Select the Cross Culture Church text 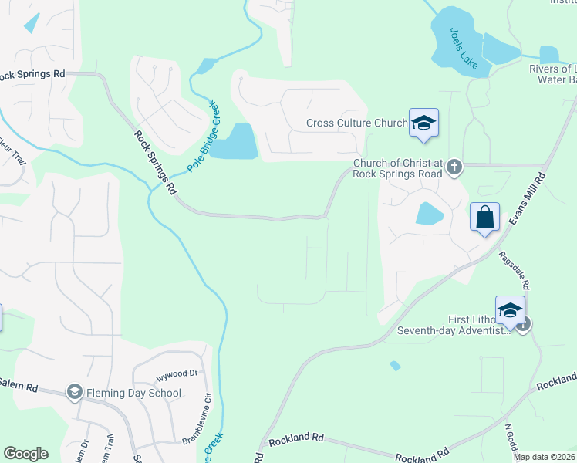pyautogui.click(x=356, y=123)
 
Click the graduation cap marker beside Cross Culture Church pyautogui.click(x=423, y=123)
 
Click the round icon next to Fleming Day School pyautogui.click(x=74, y=393)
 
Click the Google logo pyautogui.click(x=25, y=454)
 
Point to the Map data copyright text pyautogui.click(x=545, y=457)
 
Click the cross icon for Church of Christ pyautogui.click(x=454, y=165)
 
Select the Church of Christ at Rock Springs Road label pyautogui.click(x=397, y=168)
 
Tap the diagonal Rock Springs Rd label pyautogui.click(x=156, y=162)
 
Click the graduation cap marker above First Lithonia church pyautogui.click(x=510, y=310)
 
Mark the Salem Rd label pyautogui.click(x=15, y=383)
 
